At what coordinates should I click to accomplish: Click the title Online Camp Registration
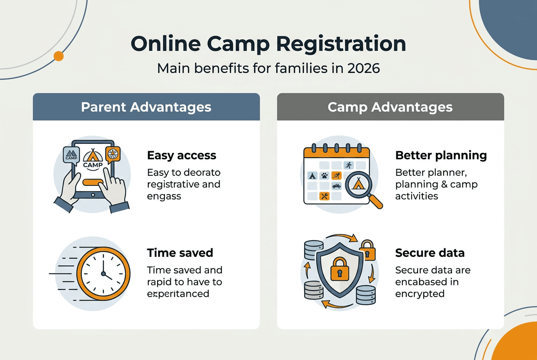pos(268,44)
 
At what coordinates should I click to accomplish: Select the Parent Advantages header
pos(146,107)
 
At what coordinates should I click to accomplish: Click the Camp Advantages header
pos(390,107)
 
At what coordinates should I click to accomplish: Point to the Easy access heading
pos(181,155)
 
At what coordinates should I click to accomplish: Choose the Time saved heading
pos(180,253)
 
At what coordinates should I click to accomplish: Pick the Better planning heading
pos(441,155)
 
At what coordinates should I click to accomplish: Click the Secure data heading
pos(430,253)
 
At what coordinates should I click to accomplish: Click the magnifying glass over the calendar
pos(359,185)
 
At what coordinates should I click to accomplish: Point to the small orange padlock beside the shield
pos(367,250)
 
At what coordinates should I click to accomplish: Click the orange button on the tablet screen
pos(93,182)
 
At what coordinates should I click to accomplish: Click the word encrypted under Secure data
pos(419,294)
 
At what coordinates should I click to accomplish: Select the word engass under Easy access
pos(164,196)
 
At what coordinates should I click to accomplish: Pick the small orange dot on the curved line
pos(59,56)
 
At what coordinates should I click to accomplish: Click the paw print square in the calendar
pos(324,175)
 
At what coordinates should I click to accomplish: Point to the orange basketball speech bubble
pos(113,154)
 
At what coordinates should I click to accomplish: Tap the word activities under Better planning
pos(416,196)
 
